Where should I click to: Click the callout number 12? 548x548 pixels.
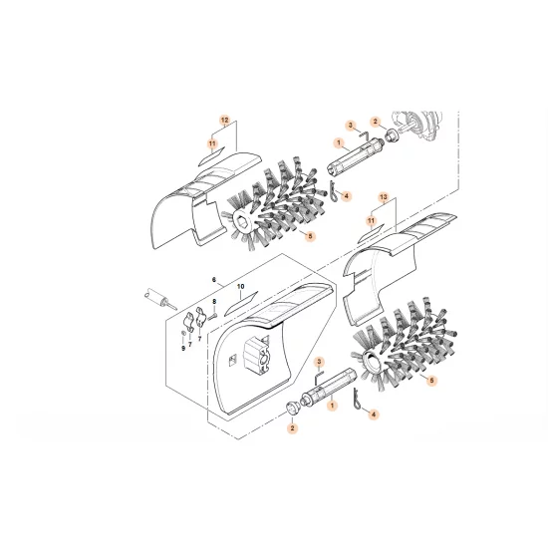click(x=224, y=120)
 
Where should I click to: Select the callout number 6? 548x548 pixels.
click(x=212, y=280)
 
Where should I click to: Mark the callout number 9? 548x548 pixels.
click(x=183, y=348)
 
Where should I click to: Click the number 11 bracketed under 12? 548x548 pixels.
click(x=211, y=143)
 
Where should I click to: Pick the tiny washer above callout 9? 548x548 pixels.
click(x=183, y=335)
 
